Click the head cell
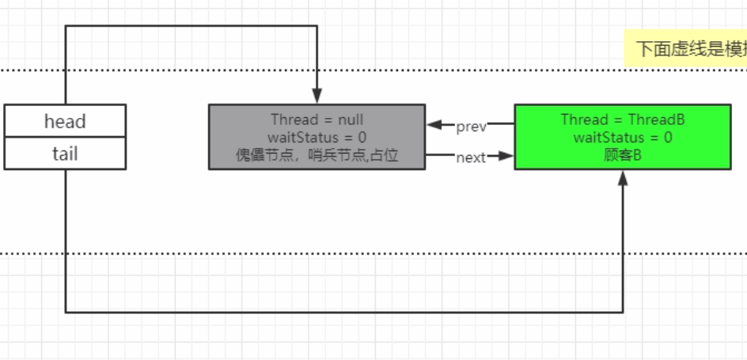(65, 121)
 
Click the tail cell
(65, 153)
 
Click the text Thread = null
(317, 120)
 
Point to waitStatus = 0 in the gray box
(317, 138)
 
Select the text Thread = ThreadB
(622, 120)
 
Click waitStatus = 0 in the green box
(622, 138)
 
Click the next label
(471, 157)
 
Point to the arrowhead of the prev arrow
(433, 125)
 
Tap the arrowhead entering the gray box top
(317, 97)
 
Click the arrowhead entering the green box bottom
(624, 176)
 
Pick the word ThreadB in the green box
(656, 120)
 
